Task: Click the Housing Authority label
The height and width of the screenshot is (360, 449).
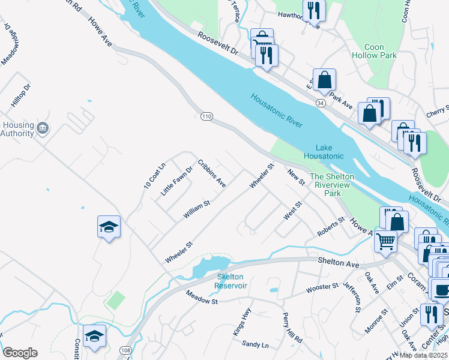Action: coord(17,129)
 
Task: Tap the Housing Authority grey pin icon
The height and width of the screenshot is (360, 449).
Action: coord(43,128)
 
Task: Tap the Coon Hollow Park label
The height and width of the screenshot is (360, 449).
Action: coord(381,51)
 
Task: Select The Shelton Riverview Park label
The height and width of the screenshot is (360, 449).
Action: coord(332,185)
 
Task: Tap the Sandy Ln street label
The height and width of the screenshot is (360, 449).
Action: coord(255,343)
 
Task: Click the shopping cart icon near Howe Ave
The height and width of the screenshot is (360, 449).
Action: coord(385,241)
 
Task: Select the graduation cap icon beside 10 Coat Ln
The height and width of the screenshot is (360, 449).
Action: coord(109,227)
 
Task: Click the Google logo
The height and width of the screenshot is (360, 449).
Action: coord(20,352)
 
